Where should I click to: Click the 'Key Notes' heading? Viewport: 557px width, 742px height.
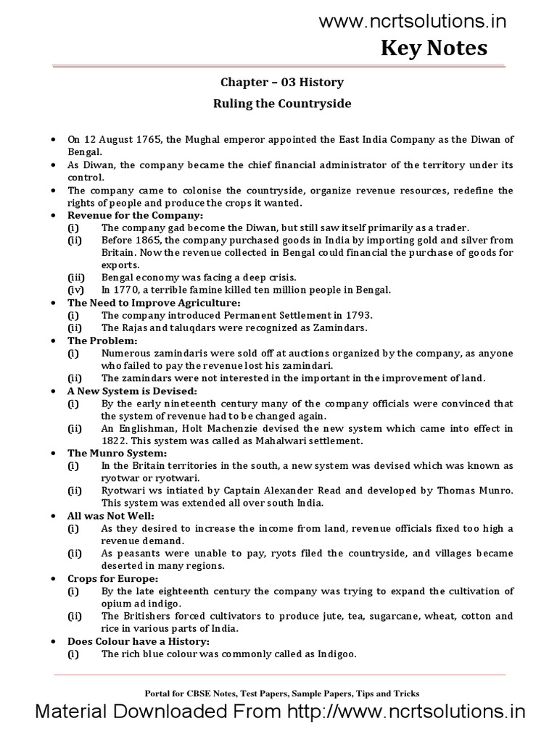coord(434,48)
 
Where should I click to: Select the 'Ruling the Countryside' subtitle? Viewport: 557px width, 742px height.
coord(282,104)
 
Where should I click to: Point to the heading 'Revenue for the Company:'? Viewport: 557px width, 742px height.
coord(136,215)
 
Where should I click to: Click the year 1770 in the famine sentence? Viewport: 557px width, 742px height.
coord(127,290)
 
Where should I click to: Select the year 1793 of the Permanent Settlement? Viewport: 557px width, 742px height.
coord(358,315)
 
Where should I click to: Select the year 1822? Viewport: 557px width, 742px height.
coord(115,441)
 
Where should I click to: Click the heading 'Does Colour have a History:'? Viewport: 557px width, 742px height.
coord(138,641)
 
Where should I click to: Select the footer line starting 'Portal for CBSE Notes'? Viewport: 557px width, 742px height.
coord(278,693)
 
